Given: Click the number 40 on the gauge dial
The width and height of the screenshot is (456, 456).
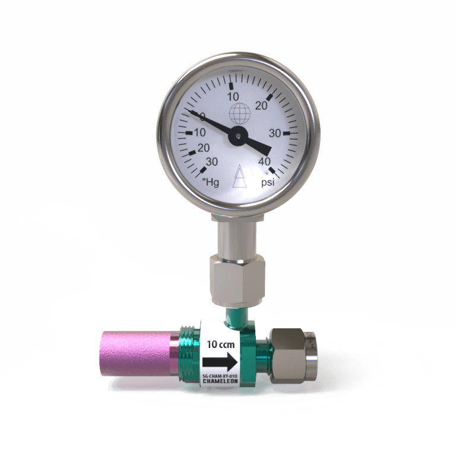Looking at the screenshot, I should (x=265, y=160).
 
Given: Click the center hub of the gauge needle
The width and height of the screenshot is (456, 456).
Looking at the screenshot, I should (x=237, y=135).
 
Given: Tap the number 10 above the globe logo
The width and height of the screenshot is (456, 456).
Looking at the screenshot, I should (x=233, y=96).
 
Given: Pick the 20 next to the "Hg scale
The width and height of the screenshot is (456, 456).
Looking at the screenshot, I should (x=203, y=148).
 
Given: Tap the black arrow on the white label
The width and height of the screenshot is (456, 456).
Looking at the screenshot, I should (x=220, y=361).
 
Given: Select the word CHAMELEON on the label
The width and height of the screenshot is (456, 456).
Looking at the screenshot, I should (x=220, y=382).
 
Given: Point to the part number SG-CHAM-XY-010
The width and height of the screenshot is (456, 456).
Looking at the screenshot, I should (x=220, y=376).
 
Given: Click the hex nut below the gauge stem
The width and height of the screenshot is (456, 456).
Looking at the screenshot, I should (x=237, y=278).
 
